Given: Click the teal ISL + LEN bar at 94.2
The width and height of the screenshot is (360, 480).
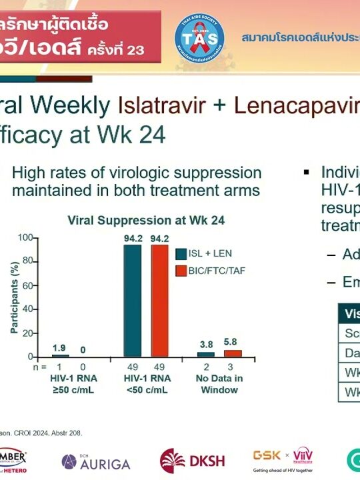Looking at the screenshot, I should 132,301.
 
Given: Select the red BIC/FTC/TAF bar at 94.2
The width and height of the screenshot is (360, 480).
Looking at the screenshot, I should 159,301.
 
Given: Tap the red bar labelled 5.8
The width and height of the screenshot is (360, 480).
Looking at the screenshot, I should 233,353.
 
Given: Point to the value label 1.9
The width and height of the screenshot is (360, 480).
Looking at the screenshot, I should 60,348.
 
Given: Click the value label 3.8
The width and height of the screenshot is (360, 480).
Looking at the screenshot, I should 207,345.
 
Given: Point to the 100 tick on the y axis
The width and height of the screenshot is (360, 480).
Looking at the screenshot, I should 25,238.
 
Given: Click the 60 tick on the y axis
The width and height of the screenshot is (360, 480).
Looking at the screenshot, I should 27,285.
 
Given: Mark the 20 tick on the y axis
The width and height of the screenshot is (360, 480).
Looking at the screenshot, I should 27,333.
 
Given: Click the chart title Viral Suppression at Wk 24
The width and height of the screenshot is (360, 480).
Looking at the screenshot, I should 146,220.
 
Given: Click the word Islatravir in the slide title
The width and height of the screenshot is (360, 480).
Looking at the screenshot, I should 159,105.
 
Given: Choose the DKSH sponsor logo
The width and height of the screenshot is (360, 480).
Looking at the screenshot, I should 192,461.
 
